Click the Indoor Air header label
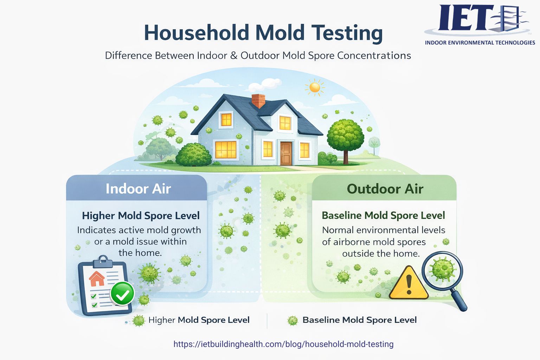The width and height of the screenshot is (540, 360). point(138,189)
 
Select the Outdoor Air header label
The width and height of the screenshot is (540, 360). point(385,189)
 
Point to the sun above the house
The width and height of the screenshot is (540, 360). point(315,87)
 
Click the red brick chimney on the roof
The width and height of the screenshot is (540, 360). point(258,101)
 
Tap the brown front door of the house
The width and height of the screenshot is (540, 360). point(286,153)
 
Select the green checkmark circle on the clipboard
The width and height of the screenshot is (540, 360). point(122,294)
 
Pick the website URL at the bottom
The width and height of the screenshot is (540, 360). point(283,344)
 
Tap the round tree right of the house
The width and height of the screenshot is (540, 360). point(345,135)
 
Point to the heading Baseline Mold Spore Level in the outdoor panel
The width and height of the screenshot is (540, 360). point(383,215)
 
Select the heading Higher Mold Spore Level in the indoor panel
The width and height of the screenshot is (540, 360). point(141,216)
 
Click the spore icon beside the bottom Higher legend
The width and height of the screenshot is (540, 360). point(139,320)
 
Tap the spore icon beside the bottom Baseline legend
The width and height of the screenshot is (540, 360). point(292,320)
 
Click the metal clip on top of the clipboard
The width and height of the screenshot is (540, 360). point(103,261)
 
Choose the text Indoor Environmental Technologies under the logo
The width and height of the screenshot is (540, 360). point(480,43)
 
